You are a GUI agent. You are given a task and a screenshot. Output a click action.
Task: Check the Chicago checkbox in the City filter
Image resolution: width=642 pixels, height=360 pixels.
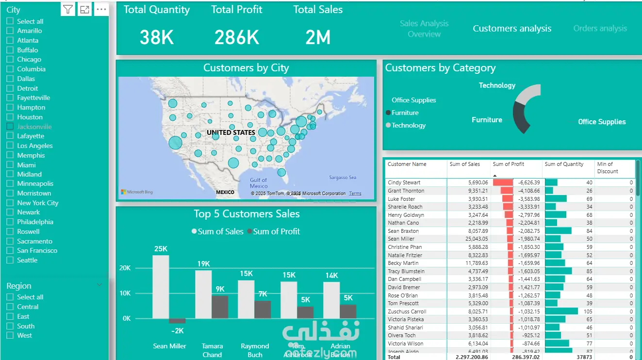pyautogui.click(x=10, y=60)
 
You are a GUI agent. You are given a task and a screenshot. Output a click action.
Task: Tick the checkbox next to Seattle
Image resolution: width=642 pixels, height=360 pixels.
pyautogui.click(x=10, y=261)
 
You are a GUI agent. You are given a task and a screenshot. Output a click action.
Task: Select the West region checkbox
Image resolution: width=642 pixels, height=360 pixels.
pyautogui.click(x=10, y=336)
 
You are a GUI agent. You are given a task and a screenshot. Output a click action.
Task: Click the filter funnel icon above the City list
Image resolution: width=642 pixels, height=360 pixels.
pyautogui.click(x=68, y=9)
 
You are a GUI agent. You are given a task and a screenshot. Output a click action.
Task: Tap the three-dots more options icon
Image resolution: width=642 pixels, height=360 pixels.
pyautogui.click(x=101, y=9)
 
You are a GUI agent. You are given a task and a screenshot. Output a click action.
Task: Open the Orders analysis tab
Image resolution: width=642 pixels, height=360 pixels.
pyautogui.click(x=600, y=29)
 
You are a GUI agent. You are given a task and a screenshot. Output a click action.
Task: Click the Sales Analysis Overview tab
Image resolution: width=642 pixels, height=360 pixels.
pyautogui.click(x=424, y=29)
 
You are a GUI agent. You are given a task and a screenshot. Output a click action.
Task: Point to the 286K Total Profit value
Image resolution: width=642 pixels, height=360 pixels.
pyautogui.click(x=237, y=37)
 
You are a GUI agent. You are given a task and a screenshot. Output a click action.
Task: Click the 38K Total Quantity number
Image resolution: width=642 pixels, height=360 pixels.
pyautogui.click(x=157, y=37)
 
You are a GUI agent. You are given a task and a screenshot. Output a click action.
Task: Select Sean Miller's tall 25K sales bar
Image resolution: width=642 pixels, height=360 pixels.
pyautogui.click(x=161, y=286)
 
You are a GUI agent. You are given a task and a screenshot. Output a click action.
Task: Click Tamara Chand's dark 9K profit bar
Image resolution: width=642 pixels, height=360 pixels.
pyautogui.click(x=220, y=307)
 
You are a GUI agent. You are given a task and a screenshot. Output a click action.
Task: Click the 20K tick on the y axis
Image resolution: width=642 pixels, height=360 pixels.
pyautogui.click(x=125, y=268)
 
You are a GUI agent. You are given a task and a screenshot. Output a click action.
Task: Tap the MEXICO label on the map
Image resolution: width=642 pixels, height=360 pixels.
pyautogui.click(x=225, y=192)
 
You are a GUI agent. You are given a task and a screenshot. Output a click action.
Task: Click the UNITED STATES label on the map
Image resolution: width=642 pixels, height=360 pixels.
pyautogui.click(x=230, y=132)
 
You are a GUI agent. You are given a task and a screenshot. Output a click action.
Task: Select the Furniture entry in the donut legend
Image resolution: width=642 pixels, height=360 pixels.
pyautogui.click(x=405, y=113)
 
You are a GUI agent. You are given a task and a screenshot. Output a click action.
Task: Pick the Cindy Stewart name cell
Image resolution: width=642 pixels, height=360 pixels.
pyautogui.click(x=404, y=183)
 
